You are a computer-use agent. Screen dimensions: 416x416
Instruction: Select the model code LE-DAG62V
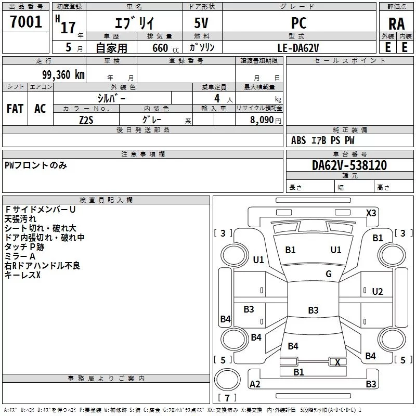click(x=298, y=47)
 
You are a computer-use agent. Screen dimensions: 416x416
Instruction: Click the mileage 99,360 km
click(x=63, y=74)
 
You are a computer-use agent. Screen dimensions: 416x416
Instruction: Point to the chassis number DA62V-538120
click(x=349, y=165)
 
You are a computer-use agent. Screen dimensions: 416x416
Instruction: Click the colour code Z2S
click(x=86, y=119)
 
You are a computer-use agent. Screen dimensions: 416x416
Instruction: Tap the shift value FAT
click(x=15, y=108)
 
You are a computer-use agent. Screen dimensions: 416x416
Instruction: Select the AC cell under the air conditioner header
click(x=40, y=108)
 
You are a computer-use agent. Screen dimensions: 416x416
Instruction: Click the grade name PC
click(x=299, y=23)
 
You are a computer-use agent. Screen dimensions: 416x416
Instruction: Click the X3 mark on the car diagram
click(x=371, y=213)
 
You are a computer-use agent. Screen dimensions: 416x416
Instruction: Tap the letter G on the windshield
click(x=328, y=274)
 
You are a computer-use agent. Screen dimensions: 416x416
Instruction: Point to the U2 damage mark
click(x=378, y=291)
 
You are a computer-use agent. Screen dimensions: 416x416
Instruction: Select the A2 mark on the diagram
click(x=255, y=384)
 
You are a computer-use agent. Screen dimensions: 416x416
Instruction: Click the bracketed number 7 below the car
click(x=227, y=398)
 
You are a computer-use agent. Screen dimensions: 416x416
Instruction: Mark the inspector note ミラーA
click(x=20, y=256)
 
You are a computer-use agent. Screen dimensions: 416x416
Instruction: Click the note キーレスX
click(x=22, y=275)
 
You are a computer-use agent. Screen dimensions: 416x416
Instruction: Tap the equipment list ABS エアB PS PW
click(x=323, y=140)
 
